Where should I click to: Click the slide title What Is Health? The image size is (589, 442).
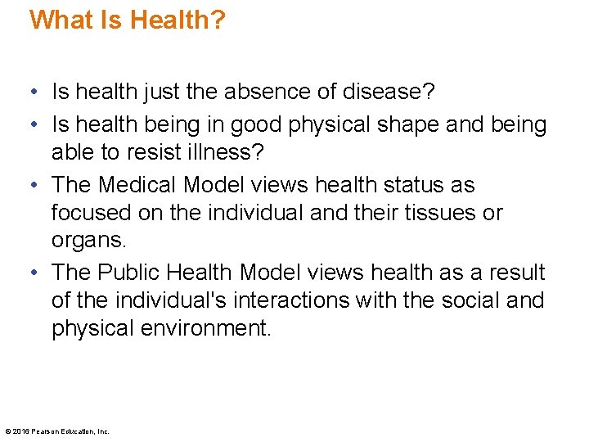(x=127, y=20)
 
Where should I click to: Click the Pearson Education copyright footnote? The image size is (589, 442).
(x=57, y=431)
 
